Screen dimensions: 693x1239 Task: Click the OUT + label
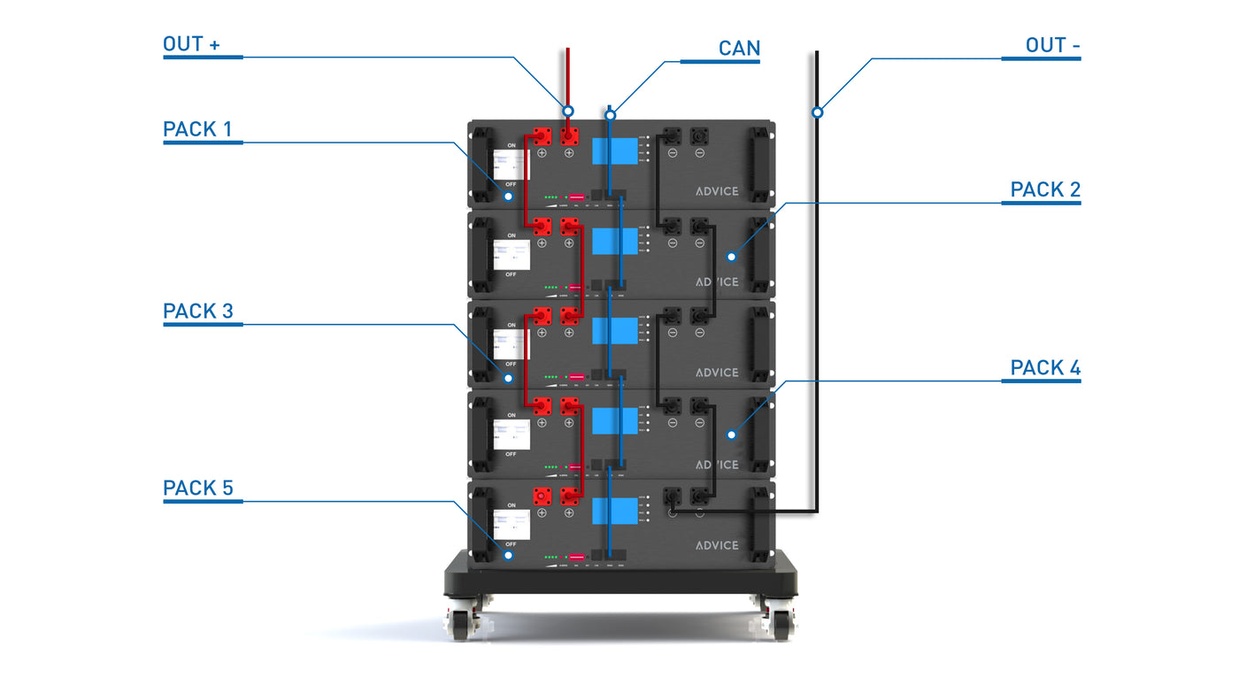coord(191,44)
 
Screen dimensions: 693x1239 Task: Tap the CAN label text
coord(739,48)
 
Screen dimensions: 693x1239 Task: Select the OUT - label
coord(1052,44)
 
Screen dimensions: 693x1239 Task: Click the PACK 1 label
coord(197,129)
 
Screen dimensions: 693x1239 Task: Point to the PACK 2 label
coord(1045,189)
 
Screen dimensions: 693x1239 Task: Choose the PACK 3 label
coord(197,312)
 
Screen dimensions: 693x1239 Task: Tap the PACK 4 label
coord(1045,367)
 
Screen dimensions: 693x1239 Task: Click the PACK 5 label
coord(197,489)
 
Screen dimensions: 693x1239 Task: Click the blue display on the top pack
coord(614,151)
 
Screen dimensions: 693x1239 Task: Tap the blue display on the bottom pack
coord(614,510)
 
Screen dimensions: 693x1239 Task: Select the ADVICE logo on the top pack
coord(716,191)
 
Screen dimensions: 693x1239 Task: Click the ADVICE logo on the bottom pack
coord(716,545)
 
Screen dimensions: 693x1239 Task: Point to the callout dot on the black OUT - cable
coord(818,112)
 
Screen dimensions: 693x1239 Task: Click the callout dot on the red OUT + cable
coord(568,112)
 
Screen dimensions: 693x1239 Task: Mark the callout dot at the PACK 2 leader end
coord(731,257)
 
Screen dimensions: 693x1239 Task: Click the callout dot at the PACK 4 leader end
coord(731,435)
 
